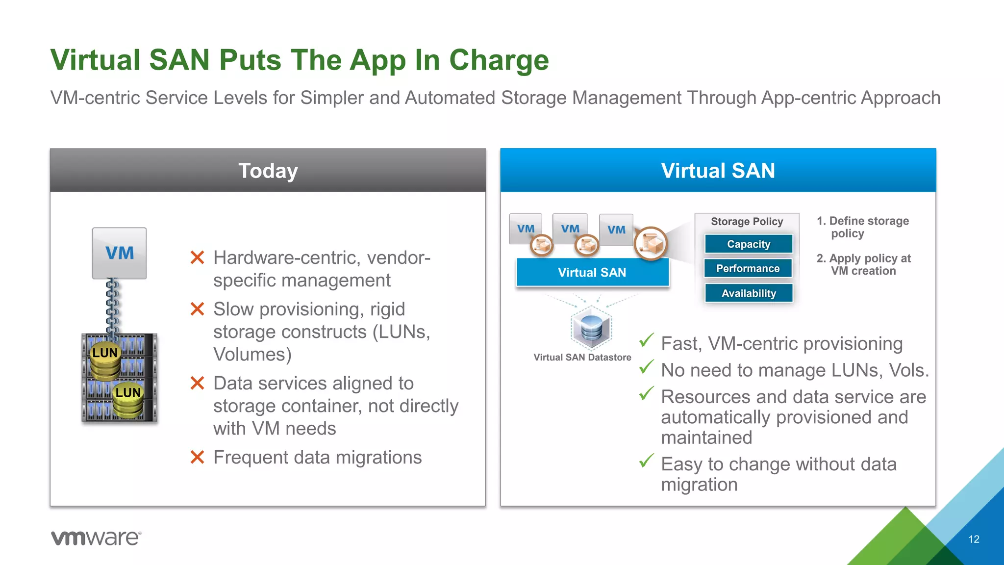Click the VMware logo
click(96, 538)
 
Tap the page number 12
click(974, 539)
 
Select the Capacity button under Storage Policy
click(749, 244)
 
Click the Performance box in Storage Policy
click(748, 268)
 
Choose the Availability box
click(749, 293)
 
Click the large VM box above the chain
click(119, 253)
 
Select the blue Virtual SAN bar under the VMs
click(592, 273)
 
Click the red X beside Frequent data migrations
click(197, 458)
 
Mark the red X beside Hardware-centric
click(197, 257)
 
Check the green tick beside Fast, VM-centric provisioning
click(647, 340)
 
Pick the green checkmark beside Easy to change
click(647, 461)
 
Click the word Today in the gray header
click(268, 171)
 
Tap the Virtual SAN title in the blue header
click(718, 171)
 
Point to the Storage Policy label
click(747, 222)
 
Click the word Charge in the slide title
click(499, 60)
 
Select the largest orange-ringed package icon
click(651, 243)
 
